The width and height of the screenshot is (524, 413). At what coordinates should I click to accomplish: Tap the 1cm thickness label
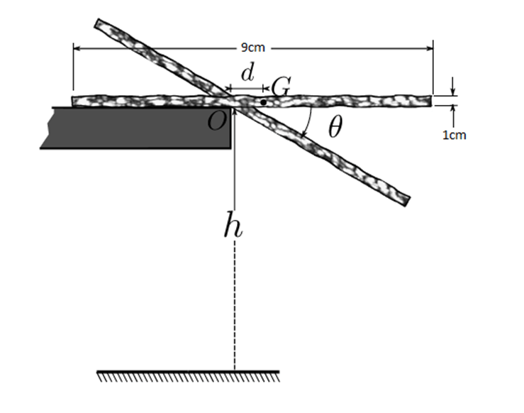click(455, 135)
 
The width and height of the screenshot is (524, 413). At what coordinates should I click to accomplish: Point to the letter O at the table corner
click(217, 122)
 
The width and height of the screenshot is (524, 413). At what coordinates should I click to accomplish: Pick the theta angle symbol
click(335, 128)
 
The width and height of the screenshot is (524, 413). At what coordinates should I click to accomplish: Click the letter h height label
click(231, 226)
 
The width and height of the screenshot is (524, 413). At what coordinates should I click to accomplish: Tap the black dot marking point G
click(263, 103)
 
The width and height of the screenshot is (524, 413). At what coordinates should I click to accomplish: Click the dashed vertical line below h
click(234, 305)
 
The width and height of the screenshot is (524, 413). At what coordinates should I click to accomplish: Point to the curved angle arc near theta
click(307, 122)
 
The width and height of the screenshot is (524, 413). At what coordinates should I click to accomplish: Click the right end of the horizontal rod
click(429, 101)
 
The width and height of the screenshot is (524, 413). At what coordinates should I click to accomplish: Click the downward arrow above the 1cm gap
click(453, 91)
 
